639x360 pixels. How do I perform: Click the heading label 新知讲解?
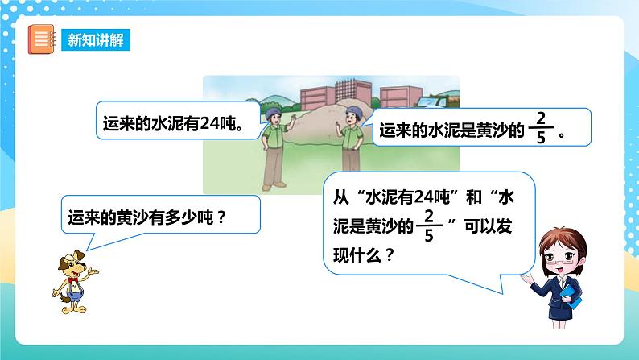tap(95, 39)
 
